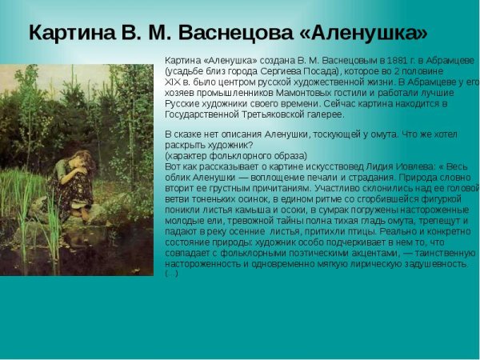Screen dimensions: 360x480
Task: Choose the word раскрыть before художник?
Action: coord(185,145)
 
